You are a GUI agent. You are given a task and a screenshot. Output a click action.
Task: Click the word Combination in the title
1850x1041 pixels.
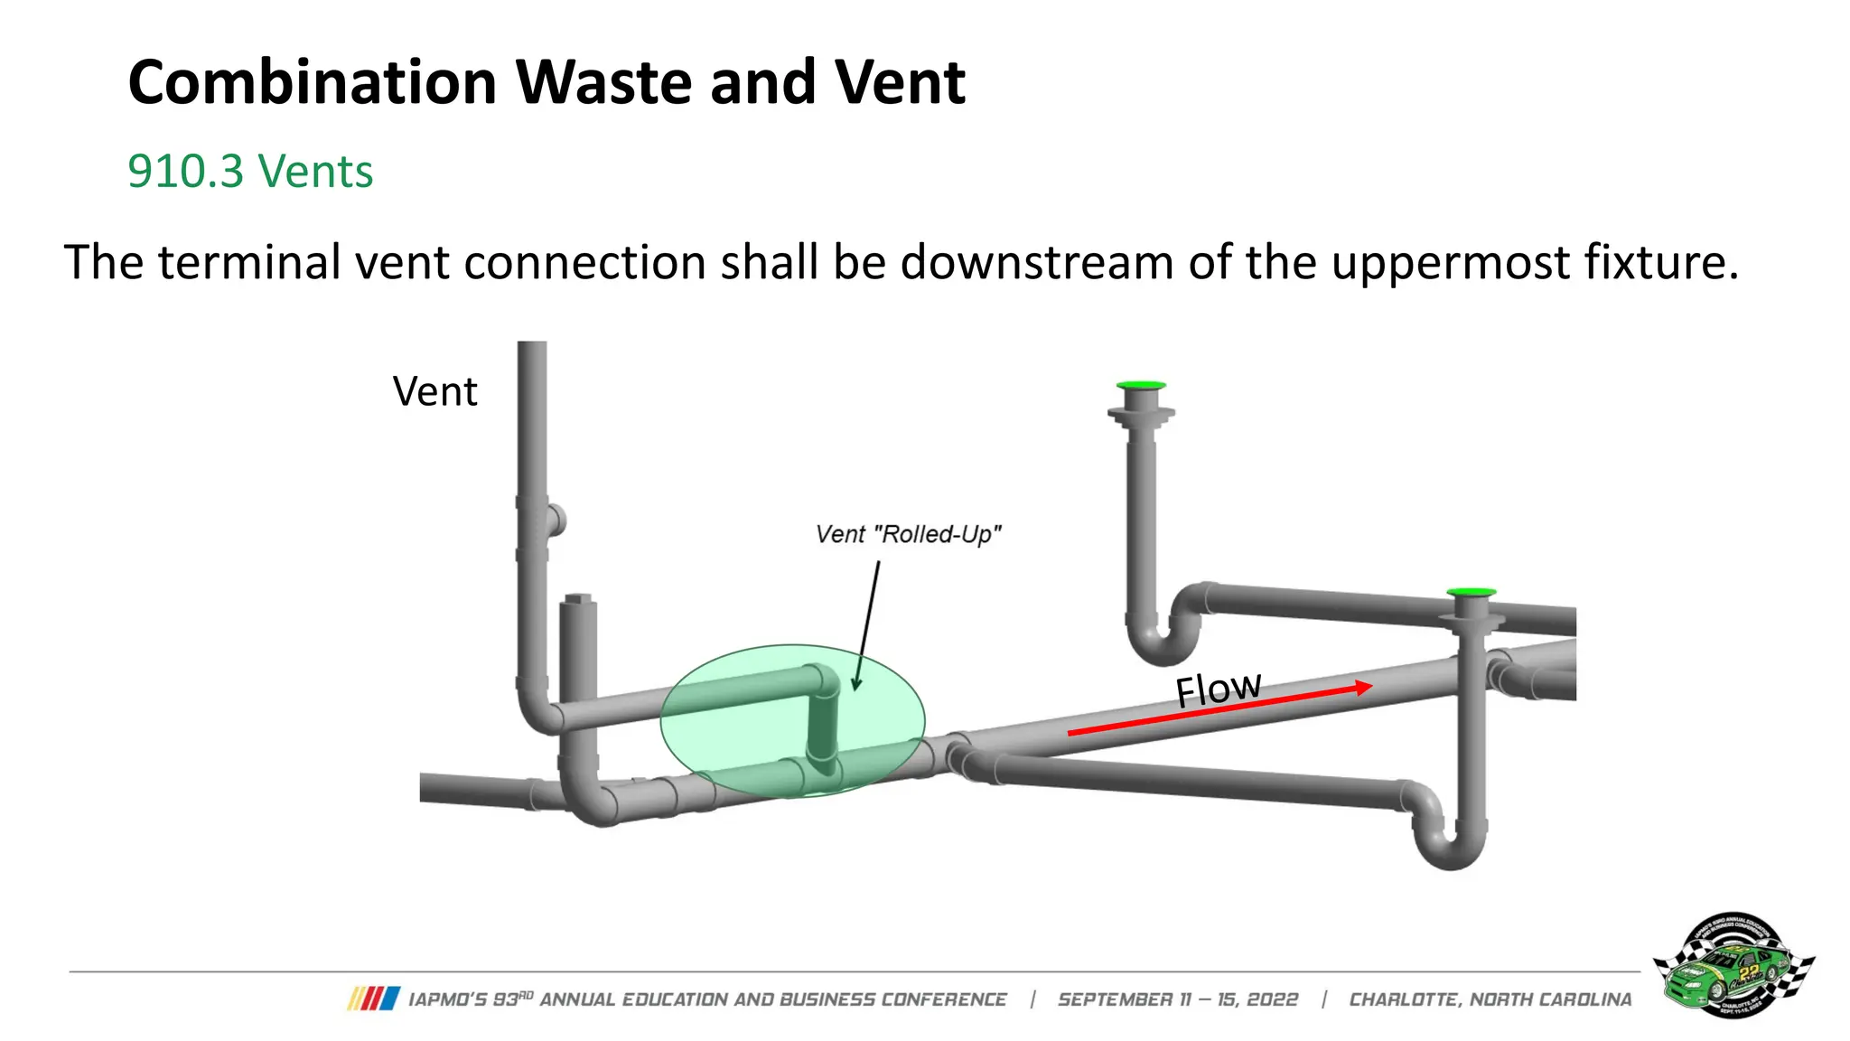click(x=312, y=83)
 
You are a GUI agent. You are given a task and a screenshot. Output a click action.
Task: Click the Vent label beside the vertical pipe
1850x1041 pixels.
click(x=434, y=391)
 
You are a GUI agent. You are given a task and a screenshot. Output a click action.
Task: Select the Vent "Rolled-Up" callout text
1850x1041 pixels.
click(x=908, y=534)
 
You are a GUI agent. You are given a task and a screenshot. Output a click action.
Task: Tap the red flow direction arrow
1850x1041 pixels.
click(x=1219, y=710)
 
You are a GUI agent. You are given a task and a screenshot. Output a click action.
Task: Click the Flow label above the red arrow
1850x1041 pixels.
click(x=1218, y=689)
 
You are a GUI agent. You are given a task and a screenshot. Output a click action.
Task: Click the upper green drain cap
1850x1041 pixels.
click(x=1141, y=386)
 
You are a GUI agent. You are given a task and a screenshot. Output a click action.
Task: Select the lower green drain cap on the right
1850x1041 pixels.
click(x=1471, y=593)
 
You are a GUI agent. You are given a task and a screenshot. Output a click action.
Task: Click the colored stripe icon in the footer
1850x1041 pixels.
click(x=373, y=999)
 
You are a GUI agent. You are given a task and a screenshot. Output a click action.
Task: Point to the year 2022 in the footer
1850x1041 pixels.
click(x=1272, y=999)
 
